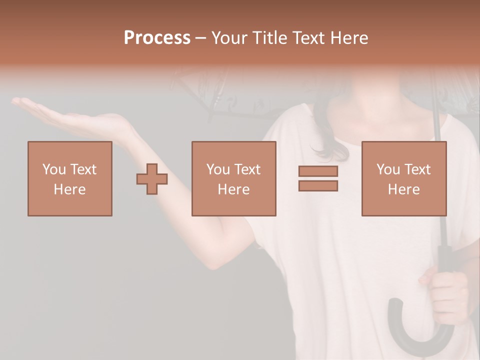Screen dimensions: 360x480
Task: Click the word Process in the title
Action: click(157, 38)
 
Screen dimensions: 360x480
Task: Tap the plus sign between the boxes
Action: click(152, 178)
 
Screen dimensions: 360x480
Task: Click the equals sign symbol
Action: click(318, 178)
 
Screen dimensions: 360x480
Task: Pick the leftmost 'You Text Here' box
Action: click(69, 178)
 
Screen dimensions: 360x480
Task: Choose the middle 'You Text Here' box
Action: click(233, 178)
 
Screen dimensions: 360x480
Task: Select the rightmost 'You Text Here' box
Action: click(403, 178)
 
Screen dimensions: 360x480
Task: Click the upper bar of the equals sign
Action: click(318, 171)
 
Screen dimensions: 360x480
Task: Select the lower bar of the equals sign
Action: click(318, 186)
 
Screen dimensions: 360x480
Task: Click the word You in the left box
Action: click(54, 169)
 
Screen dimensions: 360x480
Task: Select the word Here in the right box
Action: click(403, 189)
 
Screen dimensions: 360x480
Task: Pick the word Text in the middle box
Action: click(247, 169)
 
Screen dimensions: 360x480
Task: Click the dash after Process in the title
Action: click(201, 38)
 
